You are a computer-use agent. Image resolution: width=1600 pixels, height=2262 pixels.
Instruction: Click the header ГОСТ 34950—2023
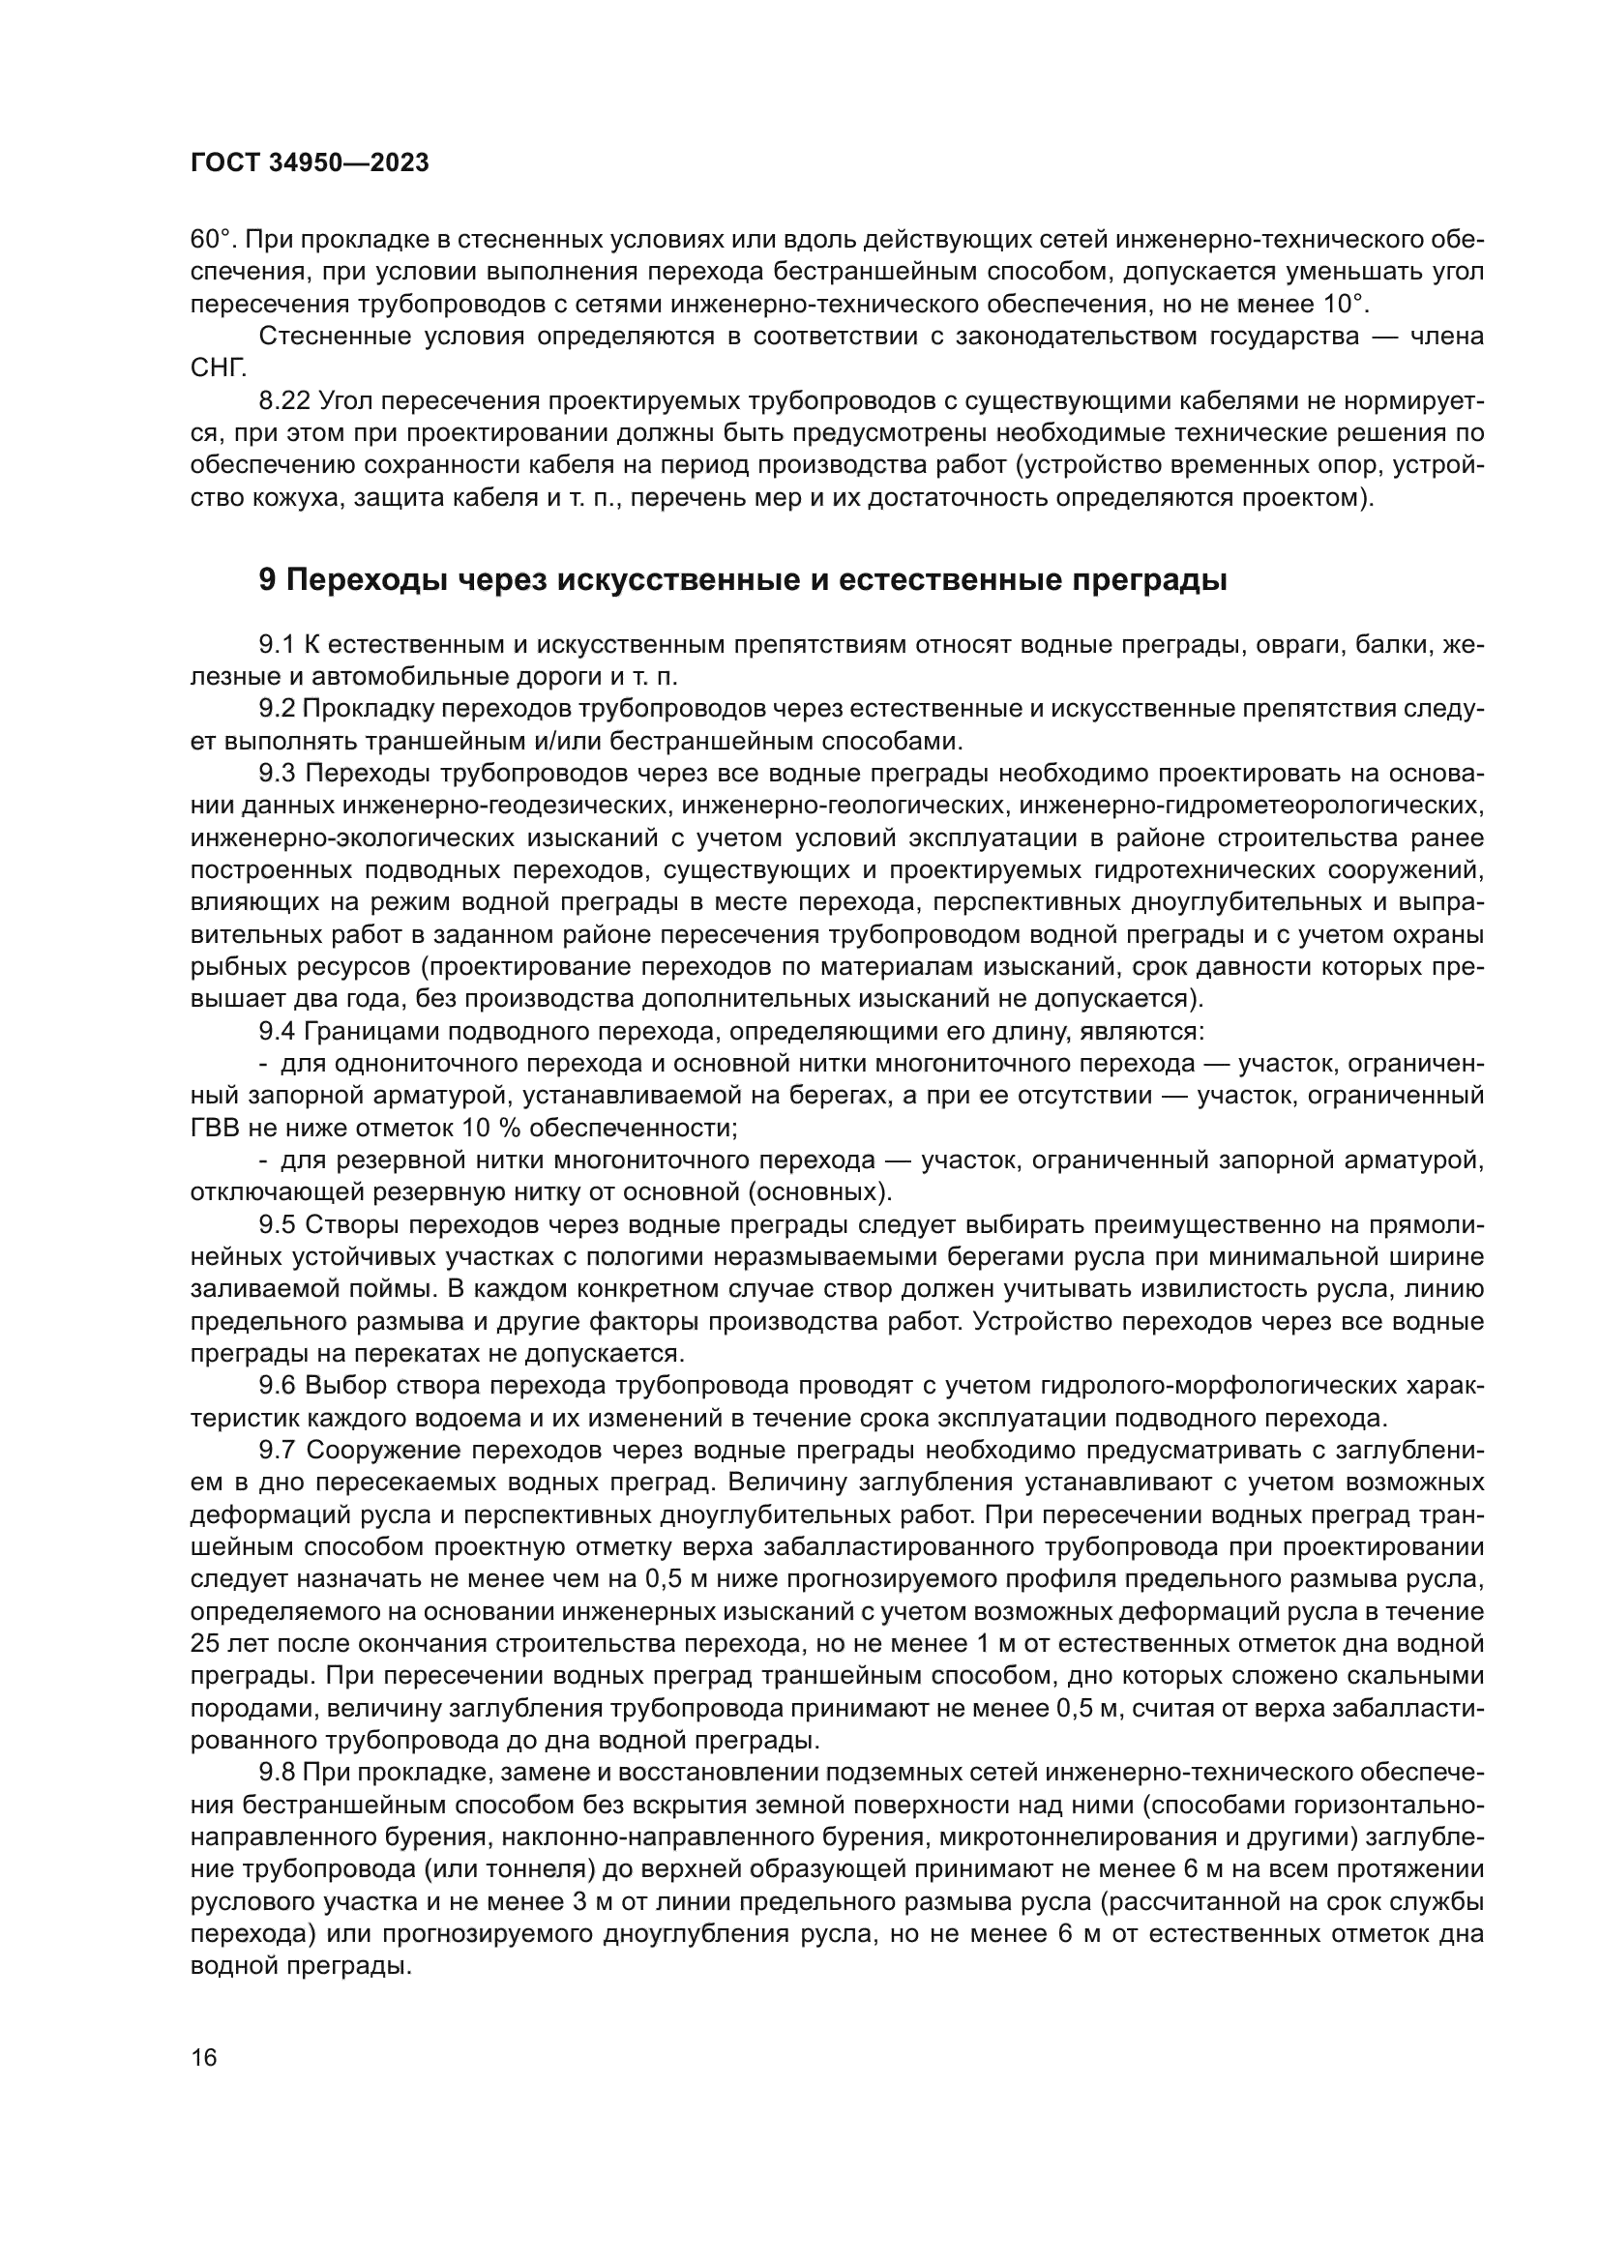pyautogui.click(x=310, y=163)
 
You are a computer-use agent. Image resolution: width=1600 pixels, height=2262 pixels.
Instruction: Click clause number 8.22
pyautogui.click(x=284, y=401)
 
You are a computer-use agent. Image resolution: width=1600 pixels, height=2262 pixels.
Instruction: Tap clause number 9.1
pyautogui.click(x=277, y=645)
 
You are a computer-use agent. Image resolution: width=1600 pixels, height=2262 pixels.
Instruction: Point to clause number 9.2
pyautogui.click(x=277, y=709)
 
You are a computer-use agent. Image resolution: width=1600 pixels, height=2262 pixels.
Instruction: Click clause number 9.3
pyautogui.click(x=277, y=774)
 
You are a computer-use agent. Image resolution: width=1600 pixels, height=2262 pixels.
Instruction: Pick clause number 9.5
pyautogui.click(x=277, y=1224)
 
